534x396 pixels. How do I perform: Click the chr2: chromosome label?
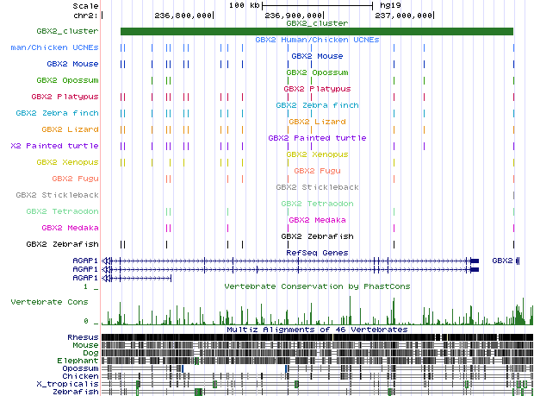[84, 16]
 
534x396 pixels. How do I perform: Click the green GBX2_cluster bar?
[316, 32]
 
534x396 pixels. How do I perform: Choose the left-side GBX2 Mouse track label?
[73, 64]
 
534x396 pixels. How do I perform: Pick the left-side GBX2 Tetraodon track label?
[62, 211]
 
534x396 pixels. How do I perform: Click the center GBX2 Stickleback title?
[317, 187]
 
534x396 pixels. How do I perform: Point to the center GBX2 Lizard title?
[317, 122]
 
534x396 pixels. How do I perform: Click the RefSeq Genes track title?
[317, 253]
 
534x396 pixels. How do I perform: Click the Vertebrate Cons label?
[48, 302]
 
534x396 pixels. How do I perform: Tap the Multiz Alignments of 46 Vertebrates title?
[317, 330]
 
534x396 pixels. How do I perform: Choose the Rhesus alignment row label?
[84, 337]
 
